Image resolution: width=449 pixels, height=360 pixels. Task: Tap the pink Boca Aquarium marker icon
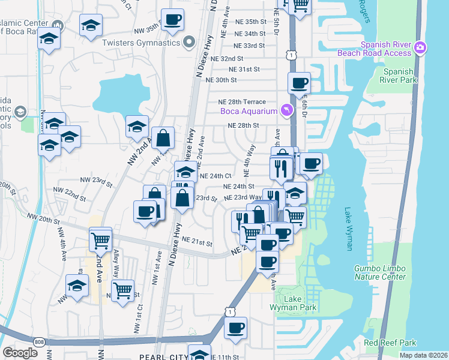point(287,110)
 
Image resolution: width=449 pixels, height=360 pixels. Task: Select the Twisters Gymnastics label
point(141,43)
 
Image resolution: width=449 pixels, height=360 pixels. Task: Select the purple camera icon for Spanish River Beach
point(420,47)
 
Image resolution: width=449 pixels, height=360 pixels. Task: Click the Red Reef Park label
point(390,343)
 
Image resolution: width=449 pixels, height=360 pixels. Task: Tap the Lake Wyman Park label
point(300,304)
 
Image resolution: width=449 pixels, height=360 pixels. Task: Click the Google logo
point(20,353)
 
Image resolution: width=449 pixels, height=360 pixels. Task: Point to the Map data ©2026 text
point(423,355)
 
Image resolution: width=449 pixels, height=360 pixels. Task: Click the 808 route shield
point(39,342)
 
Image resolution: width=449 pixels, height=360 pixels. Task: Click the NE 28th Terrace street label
point(242,102)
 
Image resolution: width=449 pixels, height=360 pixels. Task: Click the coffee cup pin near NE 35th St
point(172,20)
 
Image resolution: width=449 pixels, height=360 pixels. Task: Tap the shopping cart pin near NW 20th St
point(100,241)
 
